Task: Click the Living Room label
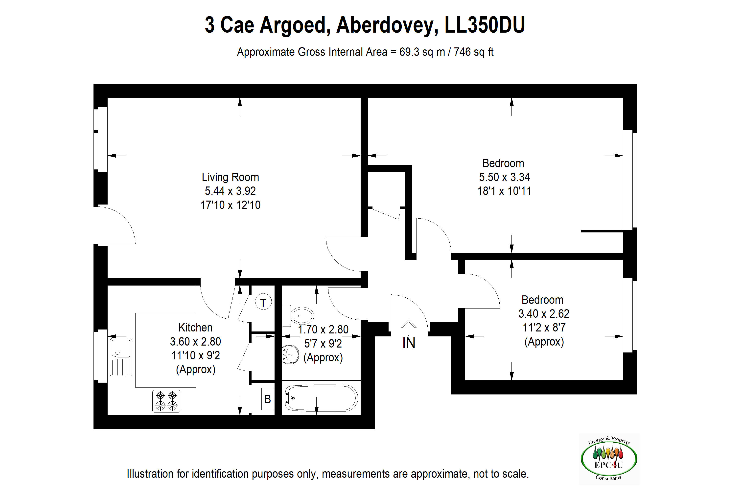tap(230, 177)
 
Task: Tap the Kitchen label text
tap(195, 328)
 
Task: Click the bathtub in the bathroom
tap(321, 398)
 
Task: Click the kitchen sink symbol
tap(121, 358)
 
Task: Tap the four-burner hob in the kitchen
tap(166, 401)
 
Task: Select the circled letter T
tap(263, 303)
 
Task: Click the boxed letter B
tap(268, 399)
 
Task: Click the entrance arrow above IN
tap(409, 328)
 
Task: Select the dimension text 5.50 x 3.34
tap(504, 177)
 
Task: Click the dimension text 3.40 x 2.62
tap(544, 314)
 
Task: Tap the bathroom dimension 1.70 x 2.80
tap(323, 329)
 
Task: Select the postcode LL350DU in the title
tap(485, 25)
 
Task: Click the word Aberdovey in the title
tap(387, 25)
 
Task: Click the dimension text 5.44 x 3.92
tap(230, 191)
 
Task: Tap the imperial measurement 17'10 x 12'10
tap(230, 205)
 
